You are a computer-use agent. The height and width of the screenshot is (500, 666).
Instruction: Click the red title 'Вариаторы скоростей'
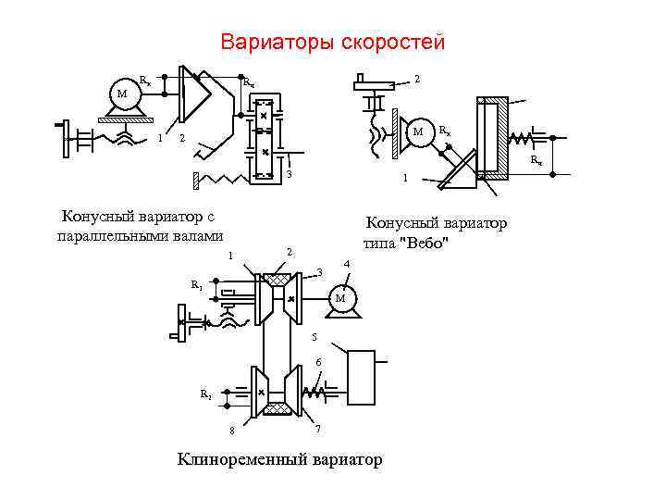coord(333,44)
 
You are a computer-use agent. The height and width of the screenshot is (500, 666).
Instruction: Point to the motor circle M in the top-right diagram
coord(419,131)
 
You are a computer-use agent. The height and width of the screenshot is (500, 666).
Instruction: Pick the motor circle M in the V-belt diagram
coord(340,299)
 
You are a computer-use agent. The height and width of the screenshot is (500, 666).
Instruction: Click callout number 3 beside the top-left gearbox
coord(289,176)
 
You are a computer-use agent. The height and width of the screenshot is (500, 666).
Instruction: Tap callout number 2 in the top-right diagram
coord(417,80)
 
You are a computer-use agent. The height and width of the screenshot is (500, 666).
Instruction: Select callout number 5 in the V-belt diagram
coord(314,336)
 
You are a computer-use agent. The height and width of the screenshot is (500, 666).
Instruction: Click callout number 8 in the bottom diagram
coord(232,430)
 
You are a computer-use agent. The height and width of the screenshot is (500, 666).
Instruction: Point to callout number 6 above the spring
coord(317,360)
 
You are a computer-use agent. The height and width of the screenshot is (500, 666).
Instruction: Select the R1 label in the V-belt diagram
coord(196,284)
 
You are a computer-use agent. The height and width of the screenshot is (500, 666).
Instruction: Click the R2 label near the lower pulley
coord(205,394)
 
